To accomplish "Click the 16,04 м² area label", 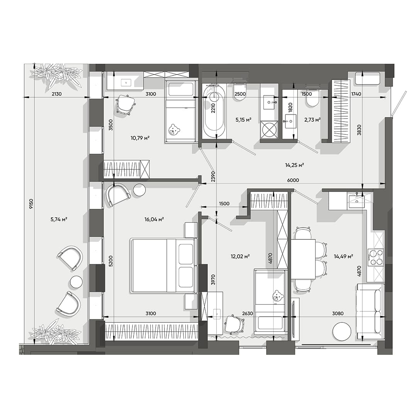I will point(154,219).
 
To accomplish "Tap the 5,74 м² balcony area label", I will point(59,219).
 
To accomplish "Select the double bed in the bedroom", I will point(163,265).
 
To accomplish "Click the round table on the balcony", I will point(76,282).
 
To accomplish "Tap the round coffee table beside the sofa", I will point(342,331).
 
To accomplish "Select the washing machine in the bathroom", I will point(269,129).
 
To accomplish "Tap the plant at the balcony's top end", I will point(59,75).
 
